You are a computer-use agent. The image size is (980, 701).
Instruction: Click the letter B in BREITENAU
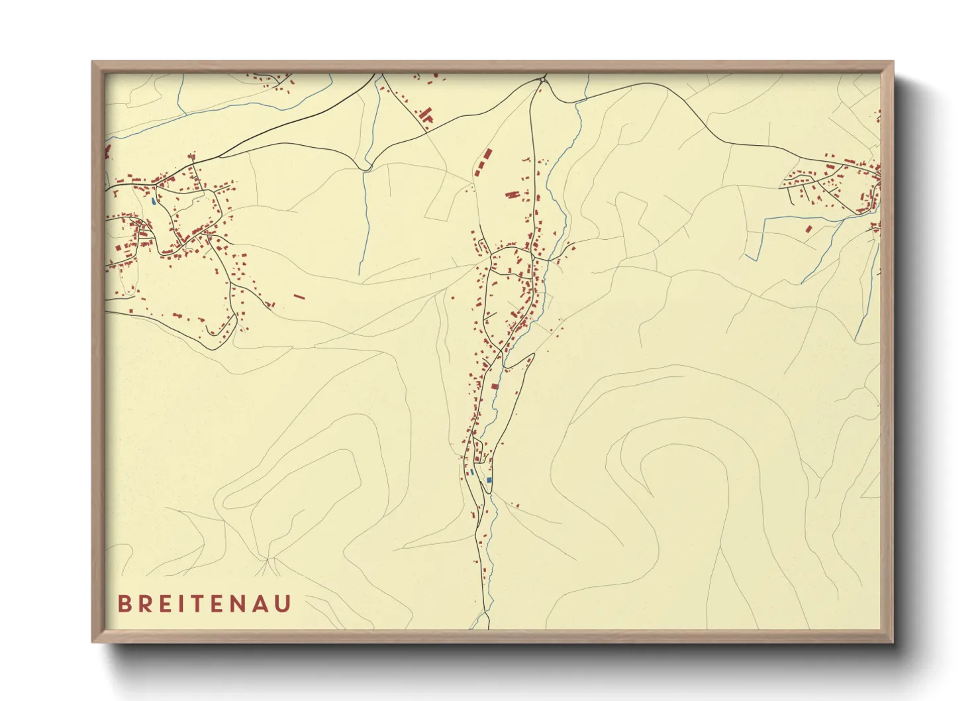[124, 604]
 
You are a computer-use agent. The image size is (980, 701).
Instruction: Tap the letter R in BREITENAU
[145, 604]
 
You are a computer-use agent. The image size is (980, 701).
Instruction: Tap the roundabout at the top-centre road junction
[543, 80]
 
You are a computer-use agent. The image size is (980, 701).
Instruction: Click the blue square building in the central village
[489, 480]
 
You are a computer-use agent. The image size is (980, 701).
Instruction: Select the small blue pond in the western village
[154, 201]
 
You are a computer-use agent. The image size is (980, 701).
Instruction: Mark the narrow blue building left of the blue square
[471, 473]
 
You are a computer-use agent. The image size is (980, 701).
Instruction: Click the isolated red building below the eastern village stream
[808, 229]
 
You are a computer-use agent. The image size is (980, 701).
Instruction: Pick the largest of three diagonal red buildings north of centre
[487, 154]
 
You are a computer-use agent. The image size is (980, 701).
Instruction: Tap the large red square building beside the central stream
[494, 386]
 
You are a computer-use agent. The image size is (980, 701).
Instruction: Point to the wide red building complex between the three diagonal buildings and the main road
[512, 195]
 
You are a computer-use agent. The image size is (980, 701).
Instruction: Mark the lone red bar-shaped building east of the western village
[299, 297]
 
